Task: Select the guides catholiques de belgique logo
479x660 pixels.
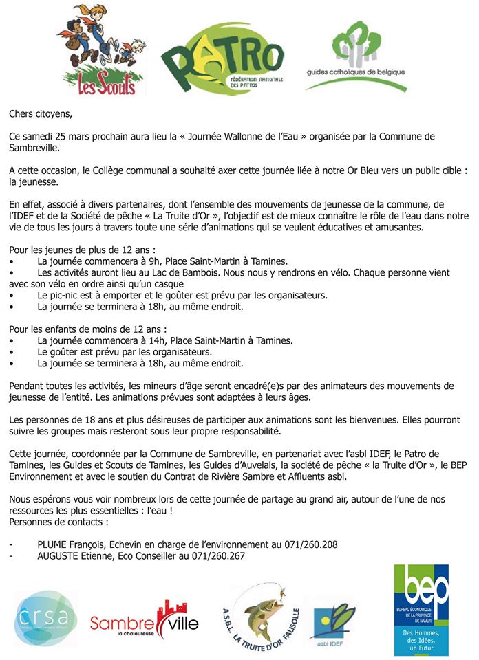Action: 355,58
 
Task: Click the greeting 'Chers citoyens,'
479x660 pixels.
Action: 41,113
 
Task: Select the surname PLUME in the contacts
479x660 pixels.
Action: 54,544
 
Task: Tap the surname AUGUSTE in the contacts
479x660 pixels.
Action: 62,556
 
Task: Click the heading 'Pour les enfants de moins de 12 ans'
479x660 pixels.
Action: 89,329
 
